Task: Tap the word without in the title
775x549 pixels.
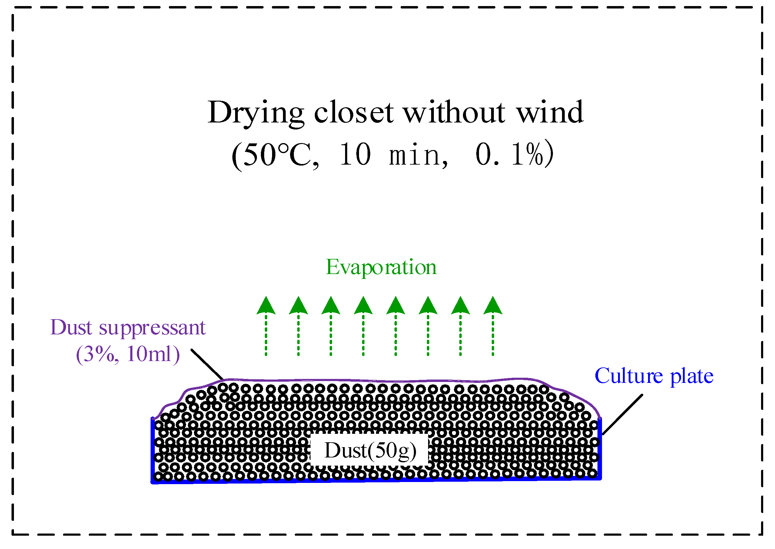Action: tap(454, 112)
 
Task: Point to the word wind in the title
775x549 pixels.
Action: tap(550, 112)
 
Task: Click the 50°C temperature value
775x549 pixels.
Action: tap(275, 155)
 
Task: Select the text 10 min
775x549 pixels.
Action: tap(393, 155)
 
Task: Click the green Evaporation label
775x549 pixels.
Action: tap(381, 267)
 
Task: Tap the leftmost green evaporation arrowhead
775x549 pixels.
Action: tap(266, 306)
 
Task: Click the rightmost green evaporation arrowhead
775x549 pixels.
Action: tap(493, 306)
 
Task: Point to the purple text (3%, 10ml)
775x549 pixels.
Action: tap(128, 354)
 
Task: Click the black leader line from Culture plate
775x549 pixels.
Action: tap(622, 415)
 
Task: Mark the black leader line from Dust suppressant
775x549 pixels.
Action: tap(207, 364)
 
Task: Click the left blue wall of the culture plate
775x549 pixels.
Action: tap(153, 450)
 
